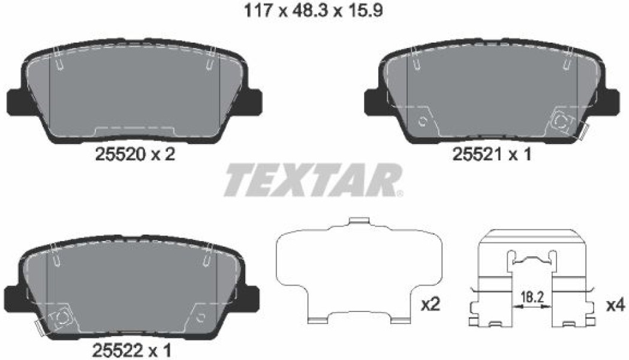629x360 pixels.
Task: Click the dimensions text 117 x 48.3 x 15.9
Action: [x=313, y=10]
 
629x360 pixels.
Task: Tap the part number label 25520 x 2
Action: [x=135, y=154]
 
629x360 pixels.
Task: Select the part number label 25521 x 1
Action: [x=492, y=154]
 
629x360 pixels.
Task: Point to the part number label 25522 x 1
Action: [x=132, y=351]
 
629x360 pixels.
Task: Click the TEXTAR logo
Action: [x=314, y=180]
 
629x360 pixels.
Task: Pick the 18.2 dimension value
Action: [x=532, y=298]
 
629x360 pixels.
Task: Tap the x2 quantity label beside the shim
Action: [x=431, y=306]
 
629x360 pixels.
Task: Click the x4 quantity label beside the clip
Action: [x=615, y=306]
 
